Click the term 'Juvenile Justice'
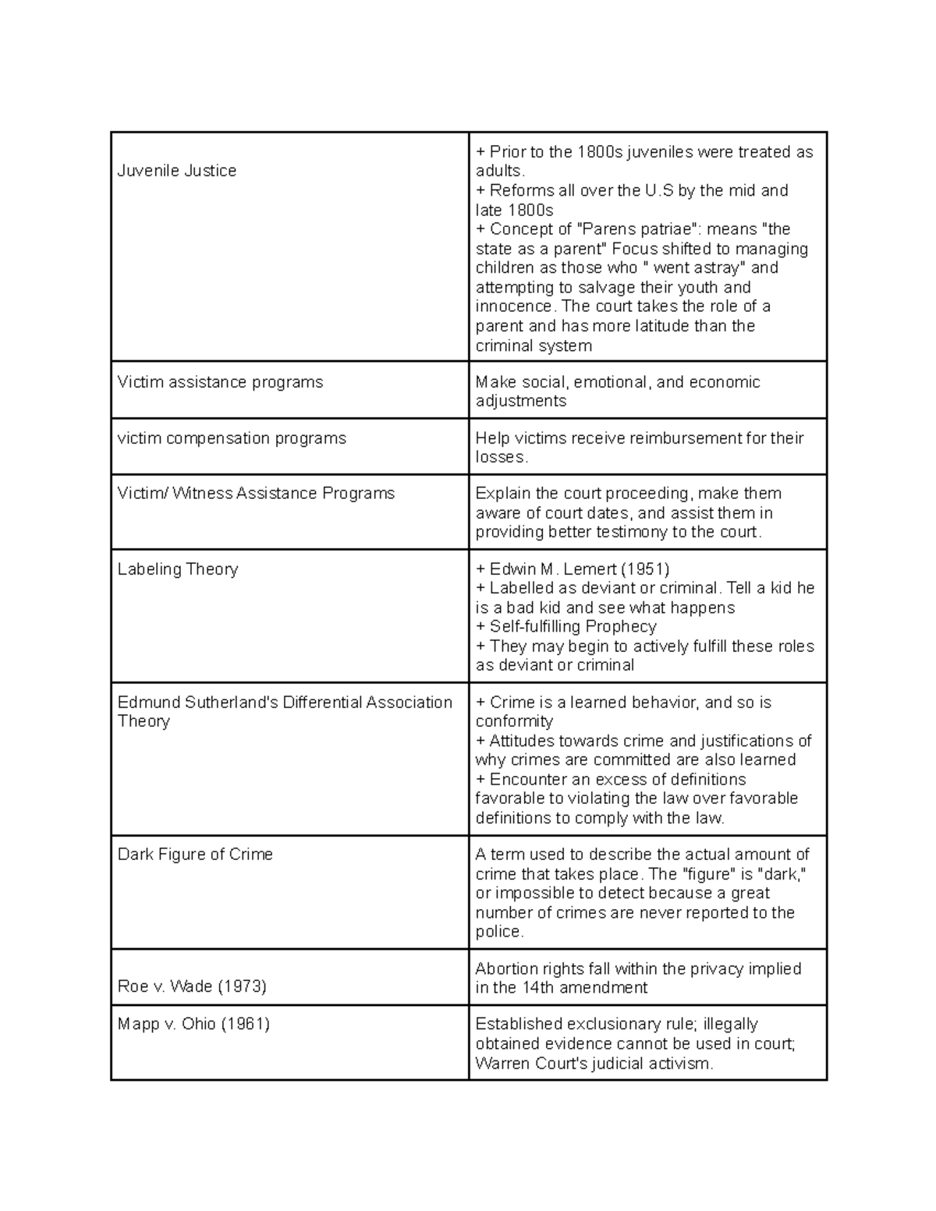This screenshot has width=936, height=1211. pyautogui.click(x=177, y=171)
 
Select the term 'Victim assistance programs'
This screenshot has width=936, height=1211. pyautogui.click(x=220, y=382)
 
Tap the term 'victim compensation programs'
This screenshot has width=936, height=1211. pyautogui.click(x=232, y=438)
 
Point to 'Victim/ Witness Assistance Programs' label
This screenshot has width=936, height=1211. pyautogui.click(x=256, y=494)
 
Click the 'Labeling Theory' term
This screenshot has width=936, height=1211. pyautogui.click(x=178, y=569)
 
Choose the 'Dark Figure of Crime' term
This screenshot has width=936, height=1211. pyautogui.click(x=195, y=855)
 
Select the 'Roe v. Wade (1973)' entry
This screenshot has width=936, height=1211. pyautogui.click(x=192, y=986)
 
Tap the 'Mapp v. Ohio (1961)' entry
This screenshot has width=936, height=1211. pyautogui.click(x=193, y=1024)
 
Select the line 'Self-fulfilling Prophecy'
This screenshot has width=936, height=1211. pyautogui.click(x=573, y=627)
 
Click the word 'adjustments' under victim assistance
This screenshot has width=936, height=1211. pyautogui.click(x=521, y=402)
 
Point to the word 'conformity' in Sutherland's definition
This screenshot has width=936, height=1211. pyautogui.click(x=514, y=721)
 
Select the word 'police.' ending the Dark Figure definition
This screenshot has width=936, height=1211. pyautogui.click(x=500, y=932)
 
